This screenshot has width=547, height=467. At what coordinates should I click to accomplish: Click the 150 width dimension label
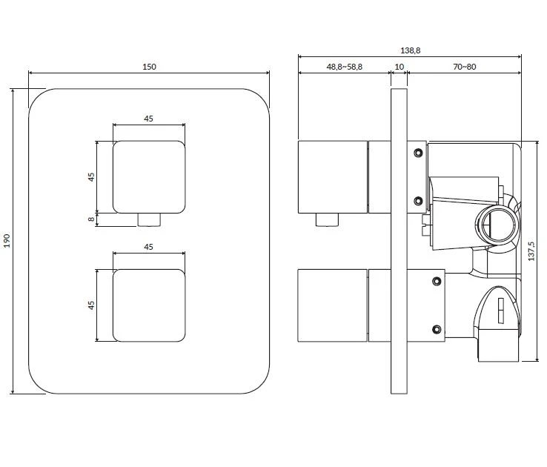coord(149,67)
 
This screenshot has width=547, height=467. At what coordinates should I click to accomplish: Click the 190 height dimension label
coord(7,241)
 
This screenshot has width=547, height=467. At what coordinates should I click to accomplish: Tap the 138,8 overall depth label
coord(411,50)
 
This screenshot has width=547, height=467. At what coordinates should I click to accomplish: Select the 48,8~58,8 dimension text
coord(345,67)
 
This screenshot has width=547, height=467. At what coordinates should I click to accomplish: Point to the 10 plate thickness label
coord(399,67)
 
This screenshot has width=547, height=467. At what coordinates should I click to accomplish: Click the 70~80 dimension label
coord(464,67)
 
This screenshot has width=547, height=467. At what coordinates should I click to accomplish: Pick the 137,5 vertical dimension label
coord(531,251)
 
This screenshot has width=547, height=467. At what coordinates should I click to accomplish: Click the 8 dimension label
coord(91,219)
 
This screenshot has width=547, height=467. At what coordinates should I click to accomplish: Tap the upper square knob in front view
coord(149,177)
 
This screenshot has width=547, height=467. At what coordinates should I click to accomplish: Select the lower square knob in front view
coord(149,305)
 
